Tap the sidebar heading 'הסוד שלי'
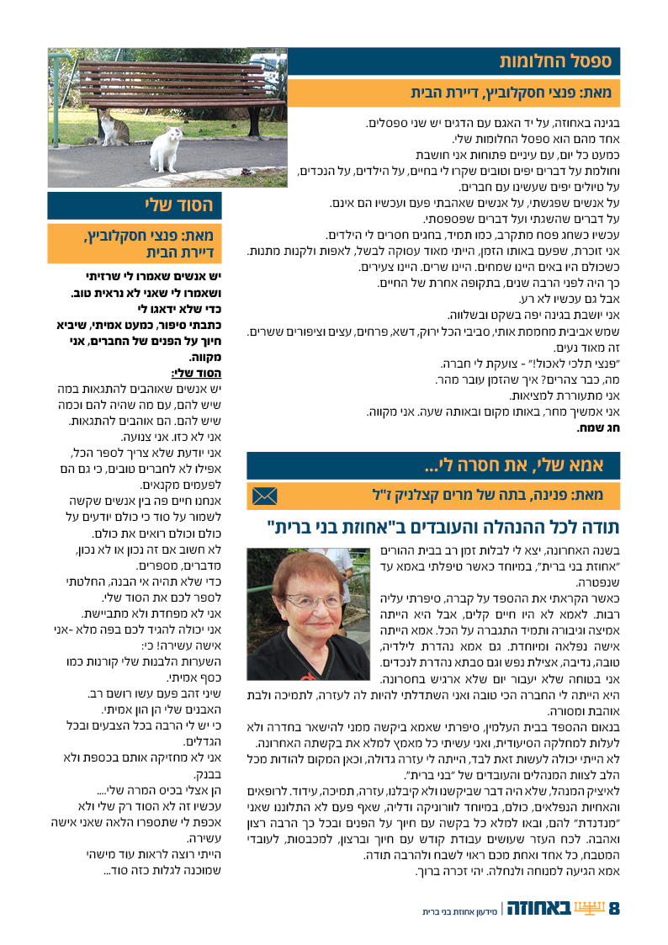tap(178, 205)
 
